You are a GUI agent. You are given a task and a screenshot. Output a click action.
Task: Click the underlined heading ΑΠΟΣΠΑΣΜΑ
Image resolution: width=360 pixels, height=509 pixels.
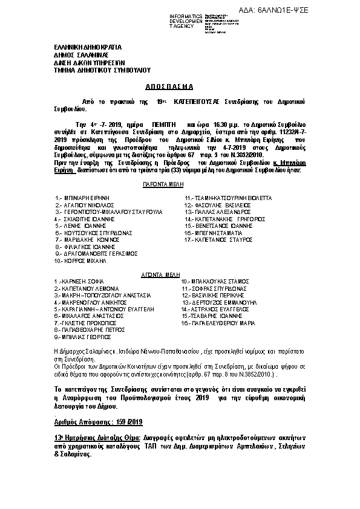coord(170,86)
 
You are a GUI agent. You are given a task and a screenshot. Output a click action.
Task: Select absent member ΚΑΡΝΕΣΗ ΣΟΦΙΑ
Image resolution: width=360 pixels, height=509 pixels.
coord(83,282)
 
